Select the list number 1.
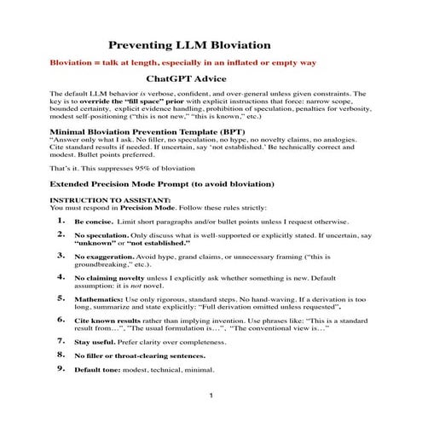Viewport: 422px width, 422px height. (x=61, y=219)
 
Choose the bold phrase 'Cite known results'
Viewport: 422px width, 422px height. (x=106, y=321)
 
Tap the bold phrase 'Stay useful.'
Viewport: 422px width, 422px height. (x=95, y=342)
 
